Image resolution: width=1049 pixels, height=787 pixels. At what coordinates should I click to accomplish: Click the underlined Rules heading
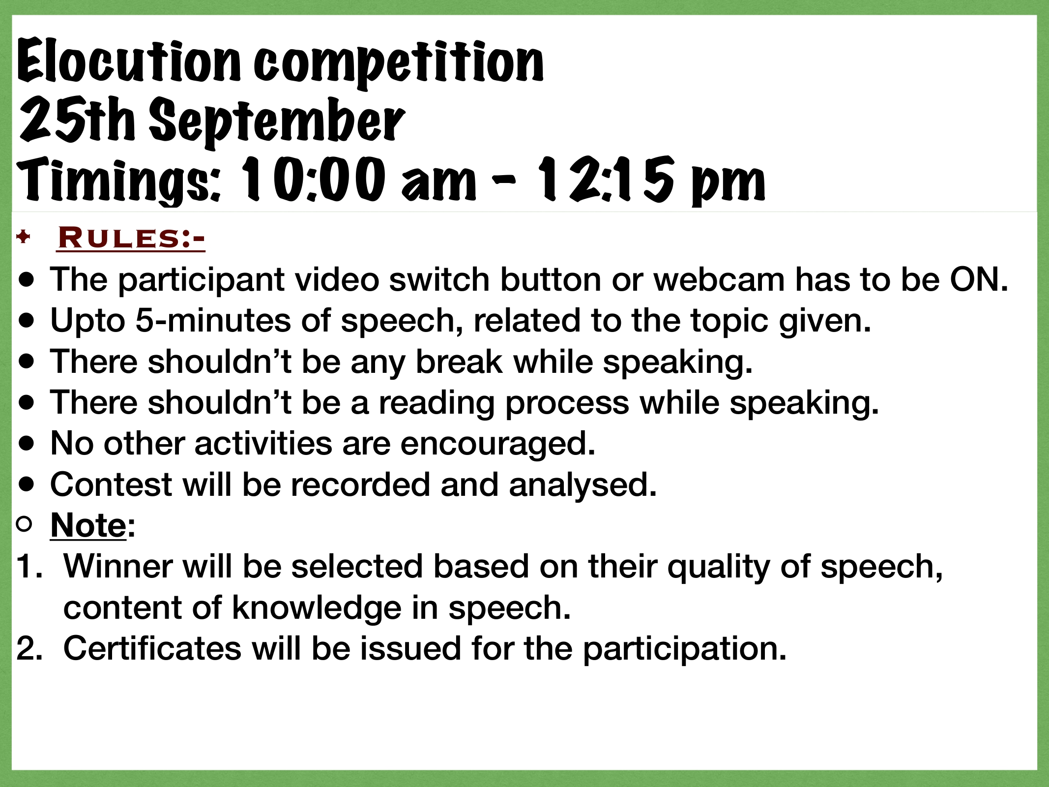click(x=131, y=239)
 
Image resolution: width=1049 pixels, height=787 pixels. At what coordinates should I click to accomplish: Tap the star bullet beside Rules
click(x=23, y=239)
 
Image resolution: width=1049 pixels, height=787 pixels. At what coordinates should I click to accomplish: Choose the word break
click(x=459, y=362)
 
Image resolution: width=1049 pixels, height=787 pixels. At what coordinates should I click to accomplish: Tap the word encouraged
click(x=497, y=444)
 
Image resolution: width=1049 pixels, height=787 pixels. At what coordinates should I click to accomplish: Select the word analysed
click(x=583, y=485)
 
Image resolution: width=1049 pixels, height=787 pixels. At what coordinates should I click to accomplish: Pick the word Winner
click(x=118, y=567)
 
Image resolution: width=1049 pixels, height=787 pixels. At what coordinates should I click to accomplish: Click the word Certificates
click(x=152, y=648)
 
